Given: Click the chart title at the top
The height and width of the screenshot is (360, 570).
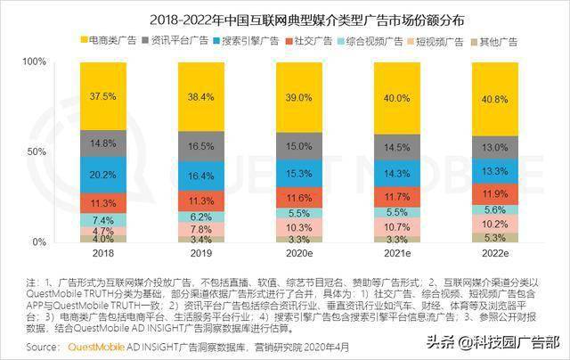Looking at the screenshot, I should click(284, 18).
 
